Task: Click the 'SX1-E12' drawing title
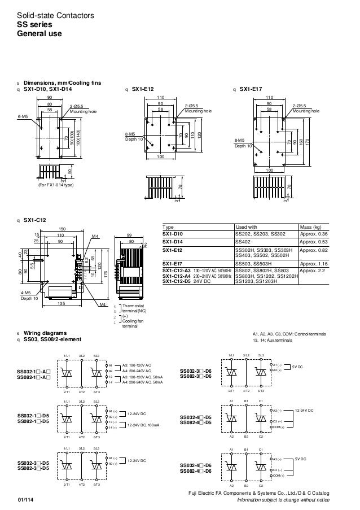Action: tap(143, 89)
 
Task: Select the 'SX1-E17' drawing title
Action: tap(251, 89)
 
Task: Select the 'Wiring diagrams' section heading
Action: tap(42, 333)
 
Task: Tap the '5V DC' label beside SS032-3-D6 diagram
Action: tap(298, 367)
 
